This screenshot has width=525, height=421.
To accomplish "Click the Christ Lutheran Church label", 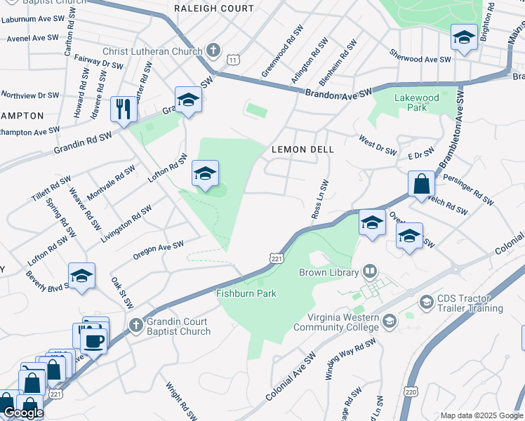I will tap(153, 51).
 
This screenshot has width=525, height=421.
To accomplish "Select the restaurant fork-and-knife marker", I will tap(124, 109).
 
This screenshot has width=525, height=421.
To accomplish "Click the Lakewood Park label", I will tap(416, 103).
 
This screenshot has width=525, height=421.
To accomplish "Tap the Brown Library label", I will tap(328, 272).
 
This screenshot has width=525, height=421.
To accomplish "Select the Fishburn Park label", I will tap(246, 293).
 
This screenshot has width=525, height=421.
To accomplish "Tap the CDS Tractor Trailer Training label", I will tap(470, 303).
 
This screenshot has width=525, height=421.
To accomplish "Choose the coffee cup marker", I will tap(93, 341).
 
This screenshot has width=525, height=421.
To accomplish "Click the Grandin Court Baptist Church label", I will tap(179, 327).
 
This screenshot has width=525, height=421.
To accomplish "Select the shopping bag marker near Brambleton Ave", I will tap(422, 185).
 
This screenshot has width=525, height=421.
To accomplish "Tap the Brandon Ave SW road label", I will tap(340, 93).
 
